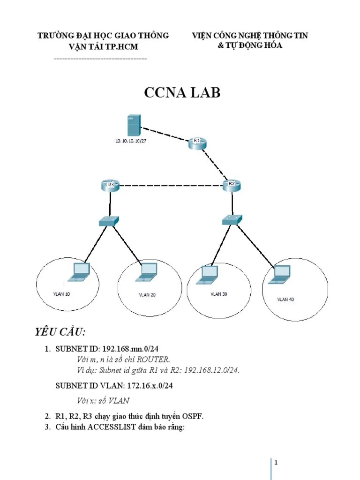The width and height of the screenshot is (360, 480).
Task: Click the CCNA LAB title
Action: tap(182, 93)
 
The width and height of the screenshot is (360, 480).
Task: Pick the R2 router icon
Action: tap(232, 185)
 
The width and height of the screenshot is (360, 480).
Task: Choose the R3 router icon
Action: tap(110, 186)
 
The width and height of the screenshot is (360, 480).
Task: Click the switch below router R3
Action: tap(110, 221)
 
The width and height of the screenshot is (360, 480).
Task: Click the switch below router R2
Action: tap(232, 219)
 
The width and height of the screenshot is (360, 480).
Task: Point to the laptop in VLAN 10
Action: tap(78, 273)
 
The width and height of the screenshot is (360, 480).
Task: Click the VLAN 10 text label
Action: tap(61, 294)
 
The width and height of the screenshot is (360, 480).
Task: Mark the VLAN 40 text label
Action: tap(285, 299)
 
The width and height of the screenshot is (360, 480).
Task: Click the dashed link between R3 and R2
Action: tap(171, 186)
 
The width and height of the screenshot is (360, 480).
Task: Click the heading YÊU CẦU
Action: tap(60, 332)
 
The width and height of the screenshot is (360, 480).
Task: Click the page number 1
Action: tap(277, 463)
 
